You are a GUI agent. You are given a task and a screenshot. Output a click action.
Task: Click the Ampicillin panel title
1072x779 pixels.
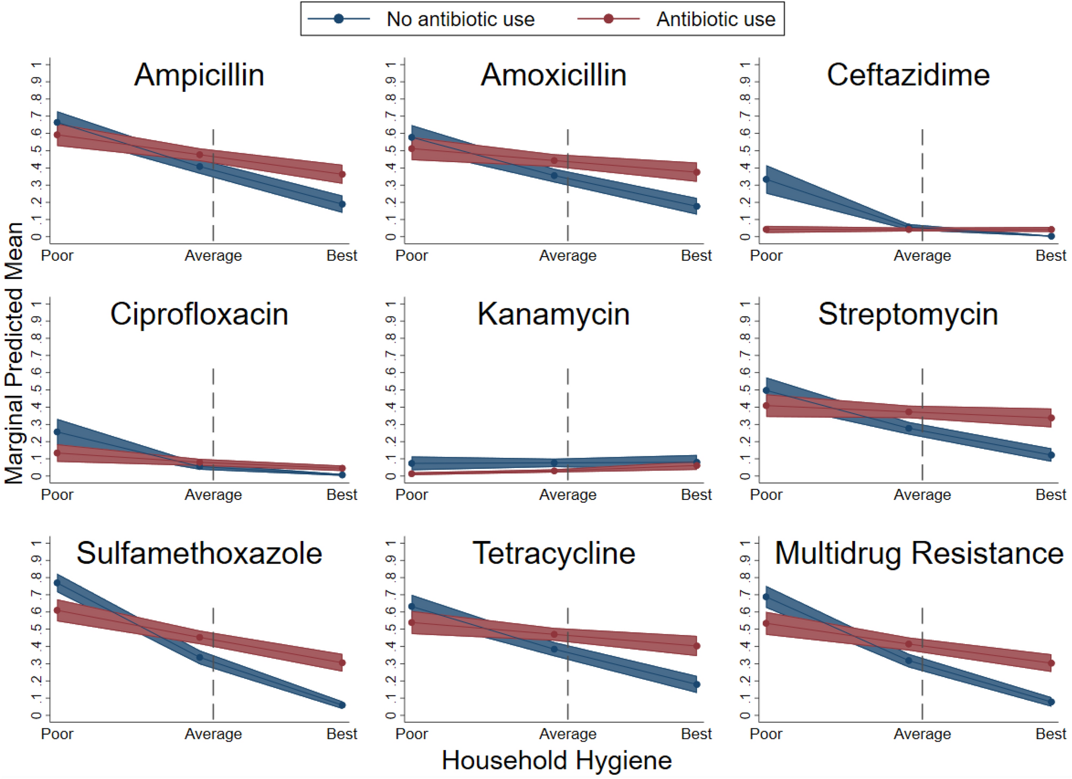199,75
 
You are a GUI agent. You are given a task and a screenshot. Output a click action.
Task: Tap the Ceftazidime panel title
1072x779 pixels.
908,75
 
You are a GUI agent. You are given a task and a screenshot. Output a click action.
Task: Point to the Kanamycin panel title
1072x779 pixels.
554,314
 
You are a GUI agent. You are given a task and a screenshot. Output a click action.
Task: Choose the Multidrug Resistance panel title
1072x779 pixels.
918,553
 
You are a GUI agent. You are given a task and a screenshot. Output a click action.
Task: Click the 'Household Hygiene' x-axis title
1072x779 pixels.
556,760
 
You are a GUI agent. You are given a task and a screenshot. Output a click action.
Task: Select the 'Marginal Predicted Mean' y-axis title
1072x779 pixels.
14,353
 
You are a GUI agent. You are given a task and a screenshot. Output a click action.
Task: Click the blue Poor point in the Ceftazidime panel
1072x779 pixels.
766,180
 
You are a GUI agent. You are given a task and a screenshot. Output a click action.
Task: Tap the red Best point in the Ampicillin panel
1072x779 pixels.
342,174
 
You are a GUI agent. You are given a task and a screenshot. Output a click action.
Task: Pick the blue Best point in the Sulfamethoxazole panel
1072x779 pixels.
342,705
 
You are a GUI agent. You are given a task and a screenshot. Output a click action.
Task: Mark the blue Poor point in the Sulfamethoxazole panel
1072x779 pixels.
57,583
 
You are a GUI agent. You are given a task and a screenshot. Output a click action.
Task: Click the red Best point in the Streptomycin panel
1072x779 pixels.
1051,418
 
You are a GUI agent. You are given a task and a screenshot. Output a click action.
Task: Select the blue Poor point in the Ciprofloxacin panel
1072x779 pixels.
57,432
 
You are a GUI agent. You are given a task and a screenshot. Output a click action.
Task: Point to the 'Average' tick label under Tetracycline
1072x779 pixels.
567,734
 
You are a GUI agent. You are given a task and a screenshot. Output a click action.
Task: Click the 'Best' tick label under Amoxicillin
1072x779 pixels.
696,256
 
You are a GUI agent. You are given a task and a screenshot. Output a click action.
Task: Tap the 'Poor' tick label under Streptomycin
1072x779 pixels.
766,495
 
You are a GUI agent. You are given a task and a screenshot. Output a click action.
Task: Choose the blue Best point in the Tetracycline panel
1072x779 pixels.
697,685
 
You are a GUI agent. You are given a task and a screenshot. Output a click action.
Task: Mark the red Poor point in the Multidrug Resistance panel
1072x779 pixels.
766,623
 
